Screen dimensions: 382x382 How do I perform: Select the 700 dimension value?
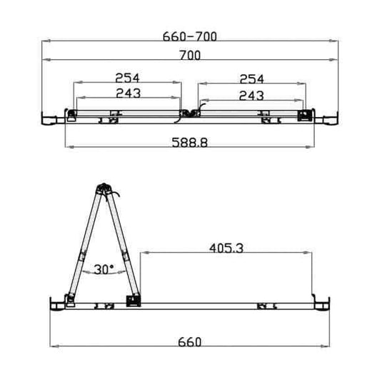point(189,55)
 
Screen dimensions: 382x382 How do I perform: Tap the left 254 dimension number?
point(126,78)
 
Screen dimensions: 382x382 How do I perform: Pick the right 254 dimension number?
point(253,78)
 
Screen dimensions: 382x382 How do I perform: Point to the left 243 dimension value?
point(126,93)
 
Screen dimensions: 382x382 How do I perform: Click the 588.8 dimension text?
point(189,142)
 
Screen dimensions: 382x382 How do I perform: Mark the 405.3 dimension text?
point(226,248)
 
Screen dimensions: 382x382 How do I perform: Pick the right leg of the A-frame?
point(121,243)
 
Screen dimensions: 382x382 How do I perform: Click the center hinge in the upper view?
point(189,112)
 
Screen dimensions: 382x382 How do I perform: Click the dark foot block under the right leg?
point(133,301)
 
